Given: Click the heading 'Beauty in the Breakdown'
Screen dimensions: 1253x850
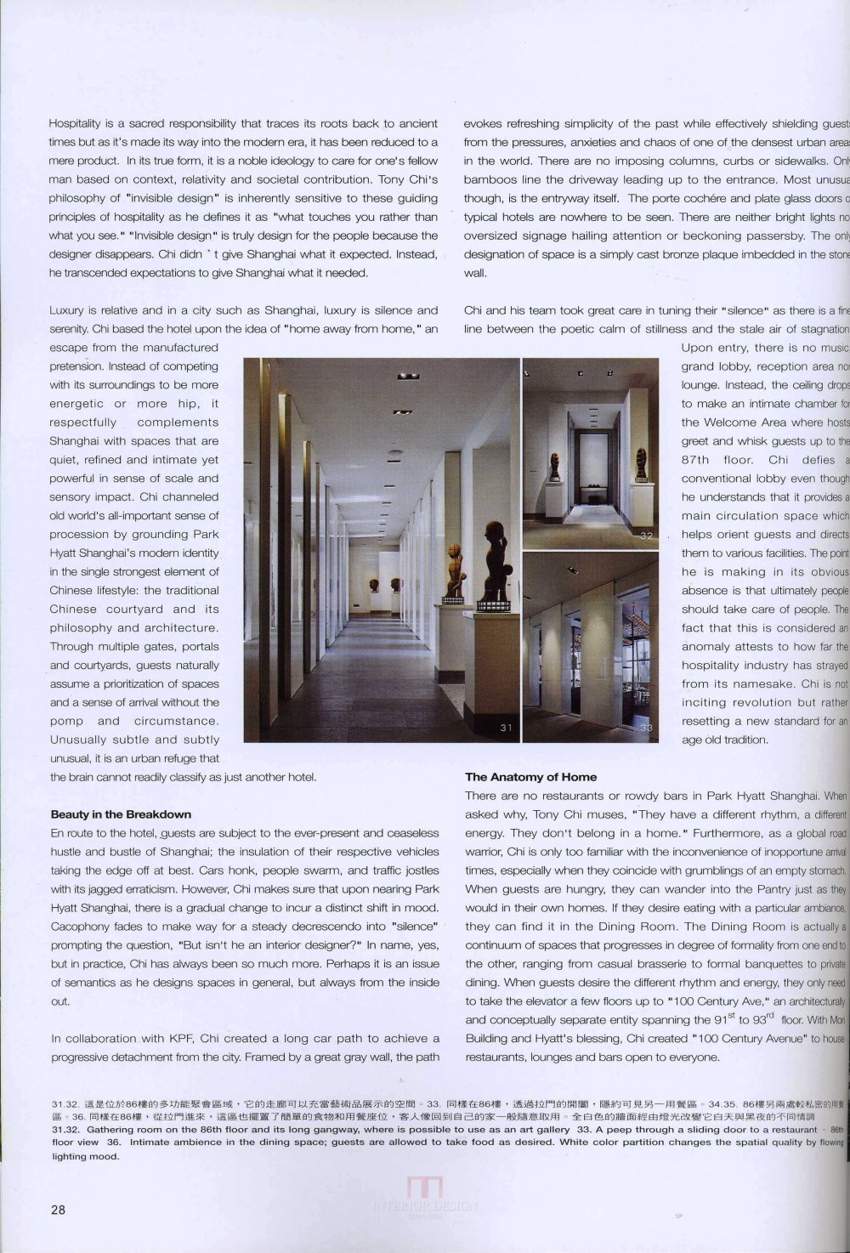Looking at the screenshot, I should [121, 814].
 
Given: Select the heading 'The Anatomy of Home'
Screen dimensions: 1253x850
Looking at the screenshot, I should [530, 776].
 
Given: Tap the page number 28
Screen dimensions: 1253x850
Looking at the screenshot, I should [58, 1210].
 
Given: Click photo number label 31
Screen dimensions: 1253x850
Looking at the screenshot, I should [506, 727].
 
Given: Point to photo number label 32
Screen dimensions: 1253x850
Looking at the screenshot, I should [647, 536].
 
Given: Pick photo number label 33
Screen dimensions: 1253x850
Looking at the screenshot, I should [647, 728].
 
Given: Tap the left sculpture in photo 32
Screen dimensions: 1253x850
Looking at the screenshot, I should [554, 466].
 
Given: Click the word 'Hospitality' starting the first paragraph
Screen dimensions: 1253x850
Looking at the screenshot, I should [76, 123].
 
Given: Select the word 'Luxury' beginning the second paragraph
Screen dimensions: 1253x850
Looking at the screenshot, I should [67, 310].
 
